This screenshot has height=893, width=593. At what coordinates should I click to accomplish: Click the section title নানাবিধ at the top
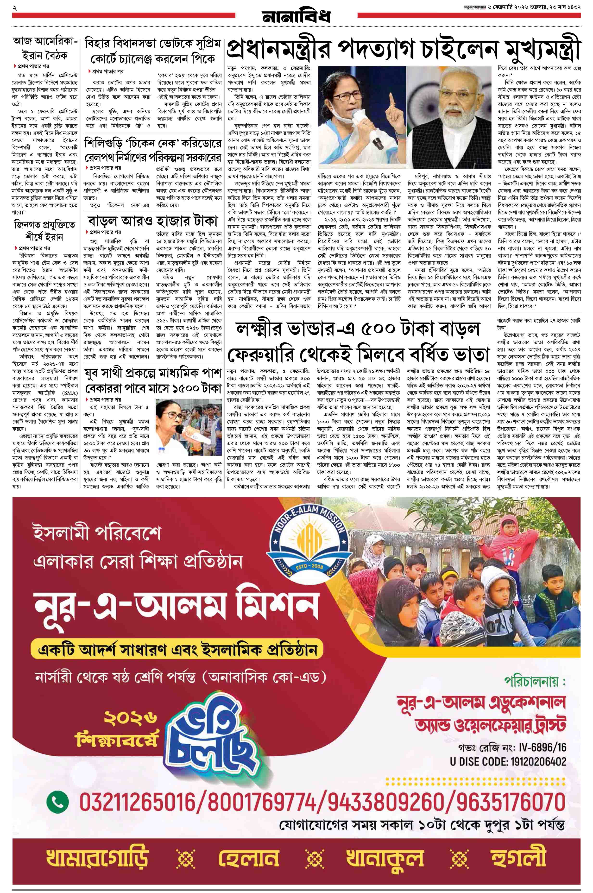pos(296,16)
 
